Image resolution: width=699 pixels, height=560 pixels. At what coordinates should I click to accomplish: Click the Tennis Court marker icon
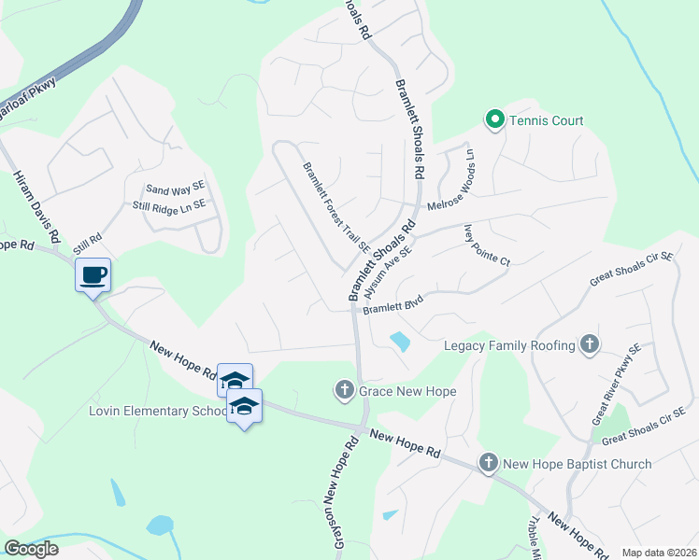tap(493, 119)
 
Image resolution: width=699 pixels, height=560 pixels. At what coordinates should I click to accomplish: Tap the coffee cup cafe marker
tap(93, 275)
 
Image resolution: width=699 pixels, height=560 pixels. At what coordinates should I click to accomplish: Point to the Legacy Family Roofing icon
tap(589, 344)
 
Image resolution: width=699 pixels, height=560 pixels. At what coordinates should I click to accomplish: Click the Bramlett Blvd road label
tap(394, 305)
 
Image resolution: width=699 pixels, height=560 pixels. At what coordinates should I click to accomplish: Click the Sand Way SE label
tap(174, 189)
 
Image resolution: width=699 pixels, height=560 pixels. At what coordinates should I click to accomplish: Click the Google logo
tap(30, 549)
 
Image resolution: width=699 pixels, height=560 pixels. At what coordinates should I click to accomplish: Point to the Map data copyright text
tap(658, 553)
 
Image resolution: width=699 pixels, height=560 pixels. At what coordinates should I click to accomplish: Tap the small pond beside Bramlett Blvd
tap(400, 342)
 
